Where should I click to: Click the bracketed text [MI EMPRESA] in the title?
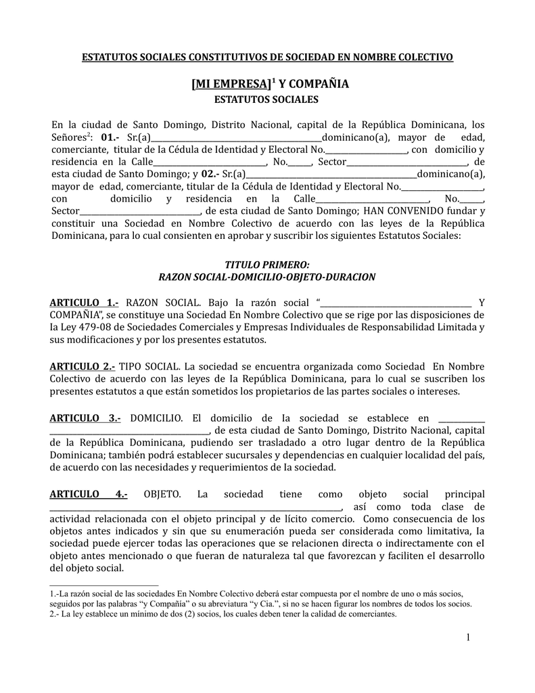(231, 85)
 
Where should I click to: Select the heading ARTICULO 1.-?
(85, 302)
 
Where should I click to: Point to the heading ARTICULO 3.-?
(85, 418)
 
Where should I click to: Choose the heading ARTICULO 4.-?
(89, 494)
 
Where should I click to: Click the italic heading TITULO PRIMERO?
(266, 265)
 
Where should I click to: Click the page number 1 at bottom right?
(467, 638)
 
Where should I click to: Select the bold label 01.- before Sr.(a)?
(110, 137)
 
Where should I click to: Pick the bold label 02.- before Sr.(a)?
(211, 174)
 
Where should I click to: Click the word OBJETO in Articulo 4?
(162, 494)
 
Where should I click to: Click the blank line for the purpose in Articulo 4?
(196, 508)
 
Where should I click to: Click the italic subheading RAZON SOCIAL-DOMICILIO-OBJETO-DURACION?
(266, 277)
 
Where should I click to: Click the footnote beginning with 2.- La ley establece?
(223, 614)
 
